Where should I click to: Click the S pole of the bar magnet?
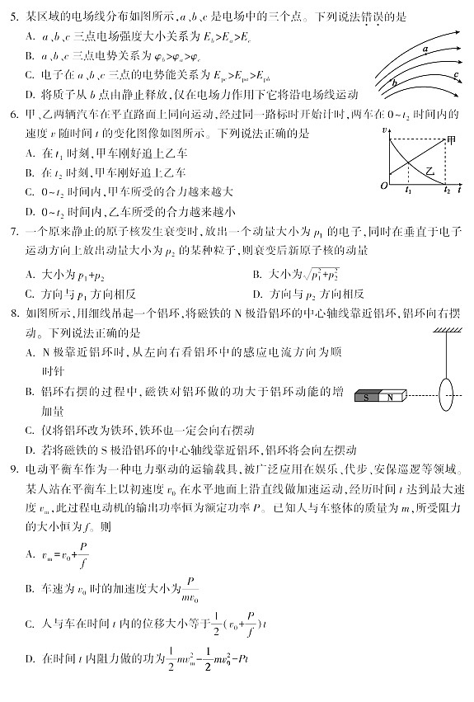coord(367,397)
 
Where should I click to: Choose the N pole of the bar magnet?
coord(391,397)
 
